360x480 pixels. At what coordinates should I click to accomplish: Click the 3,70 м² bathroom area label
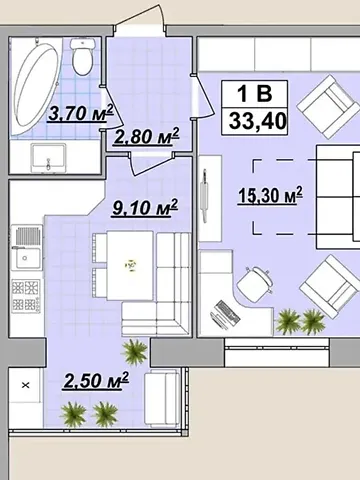[x=80, y=113]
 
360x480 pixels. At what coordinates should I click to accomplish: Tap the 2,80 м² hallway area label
[x=146, y=136]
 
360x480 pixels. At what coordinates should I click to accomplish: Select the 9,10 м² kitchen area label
[x=145, y=207]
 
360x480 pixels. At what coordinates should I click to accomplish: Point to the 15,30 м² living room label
[x=270, y=195]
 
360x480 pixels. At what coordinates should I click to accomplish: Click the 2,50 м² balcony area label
[x=96, y=380]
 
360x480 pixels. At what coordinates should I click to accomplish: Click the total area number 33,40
[x=257, y=121]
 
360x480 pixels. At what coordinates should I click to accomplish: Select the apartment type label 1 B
[x=254, y=94]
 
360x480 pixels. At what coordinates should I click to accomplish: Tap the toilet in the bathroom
[x=82, y=56]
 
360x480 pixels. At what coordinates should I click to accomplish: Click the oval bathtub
[x=35, y=86]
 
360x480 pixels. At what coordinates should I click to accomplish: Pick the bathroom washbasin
[x=48, y=158]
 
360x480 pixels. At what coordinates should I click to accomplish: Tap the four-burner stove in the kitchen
[x=26, y=296]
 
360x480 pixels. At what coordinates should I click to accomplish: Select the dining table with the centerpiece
[x=130, y=265]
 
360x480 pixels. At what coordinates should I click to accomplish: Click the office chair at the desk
[x=255, y=284]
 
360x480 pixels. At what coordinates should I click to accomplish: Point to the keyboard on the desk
[x=228, y=312]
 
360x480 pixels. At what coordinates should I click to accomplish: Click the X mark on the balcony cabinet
[x=26, y=385]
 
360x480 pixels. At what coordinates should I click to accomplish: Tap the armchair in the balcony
[x=162, y=398]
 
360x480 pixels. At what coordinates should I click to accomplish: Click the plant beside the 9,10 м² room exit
[x=134, y=352]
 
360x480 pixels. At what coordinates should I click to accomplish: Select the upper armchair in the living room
[x=327, y=107]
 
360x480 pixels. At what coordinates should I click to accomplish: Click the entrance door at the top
[x=140, y=19]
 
